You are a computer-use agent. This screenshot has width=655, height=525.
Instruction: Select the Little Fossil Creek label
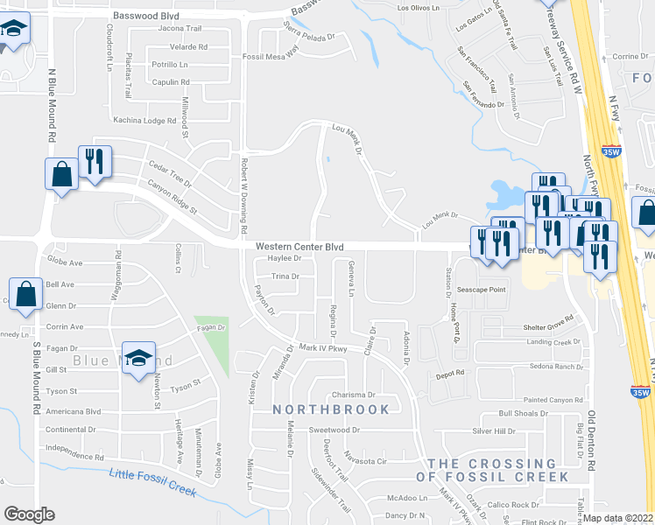tap(152, 482)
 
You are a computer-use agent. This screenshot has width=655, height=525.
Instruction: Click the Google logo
tap(29, 514)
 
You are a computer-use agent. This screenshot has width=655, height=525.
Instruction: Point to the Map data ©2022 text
tap(619, 518)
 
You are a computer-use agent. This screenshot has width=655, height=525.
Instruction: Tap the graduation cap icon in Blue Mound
tap(138, 358)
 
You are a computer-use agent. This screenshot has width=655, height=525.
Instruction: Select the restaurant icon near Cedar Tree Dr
tap(95, 162)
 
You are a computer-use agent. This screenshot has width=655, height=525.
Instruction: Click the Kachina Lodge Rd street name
tap(144, 120)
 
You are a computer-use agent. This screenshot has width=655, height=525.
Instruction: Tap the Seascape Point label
tap(481, 290)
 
